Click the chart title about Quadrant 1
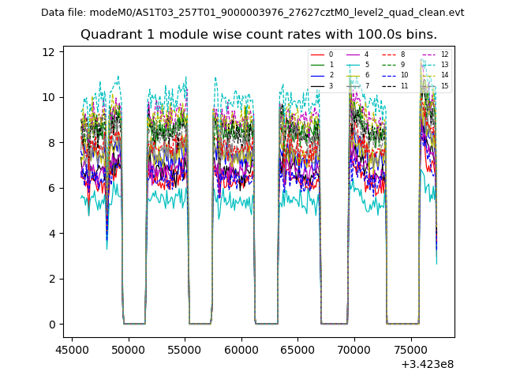(258, 35)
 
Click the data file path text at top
(252, 12)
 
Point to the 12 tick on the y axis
(49, 52)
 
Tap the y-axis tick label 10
(49, 97)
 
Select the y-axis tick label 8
(52, 143)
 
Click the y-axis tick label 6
(52, 188)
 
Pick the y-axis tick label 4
(52, 234)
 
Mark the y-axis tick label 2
(52, 279)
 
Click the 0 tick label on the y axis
(52, 325)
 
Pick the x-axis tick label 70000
(353, 348)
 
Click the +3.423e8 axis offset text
(427, 363)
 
